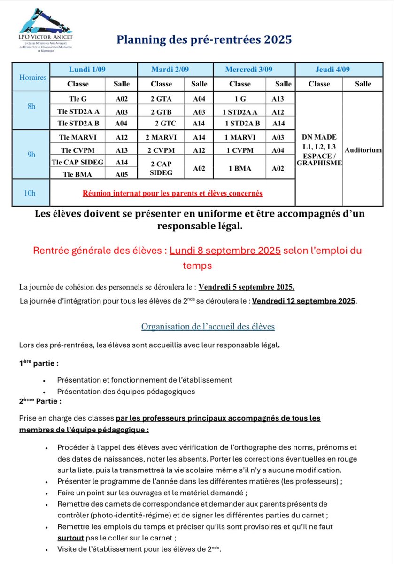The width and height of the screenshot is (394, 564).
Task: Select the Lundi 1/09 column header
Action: [x=87, y=70]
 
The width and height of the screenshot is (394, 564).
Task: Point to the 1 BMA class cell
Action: [x=239, y=168]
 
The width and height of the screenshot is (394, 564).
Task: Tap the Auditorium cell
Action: [x=363, y=150]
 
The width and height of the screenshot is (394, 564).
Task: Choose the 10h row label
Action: [x=31, y=193]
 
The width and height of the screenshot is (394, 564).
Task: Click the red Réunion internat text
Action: [x=172, y=193]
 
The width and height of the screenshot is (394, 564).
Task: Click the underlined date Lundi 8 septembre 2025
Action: [x=225, y=251]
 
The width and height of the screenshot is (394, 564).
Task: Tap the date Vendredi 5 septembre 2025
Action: [x=247, y=287]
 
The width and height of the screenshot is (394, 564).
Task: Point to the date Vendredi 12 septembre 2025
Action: [x=304, y=301]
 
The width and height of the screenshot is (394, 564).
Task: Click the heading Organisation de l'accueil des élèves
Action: [x=208, y=326]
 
